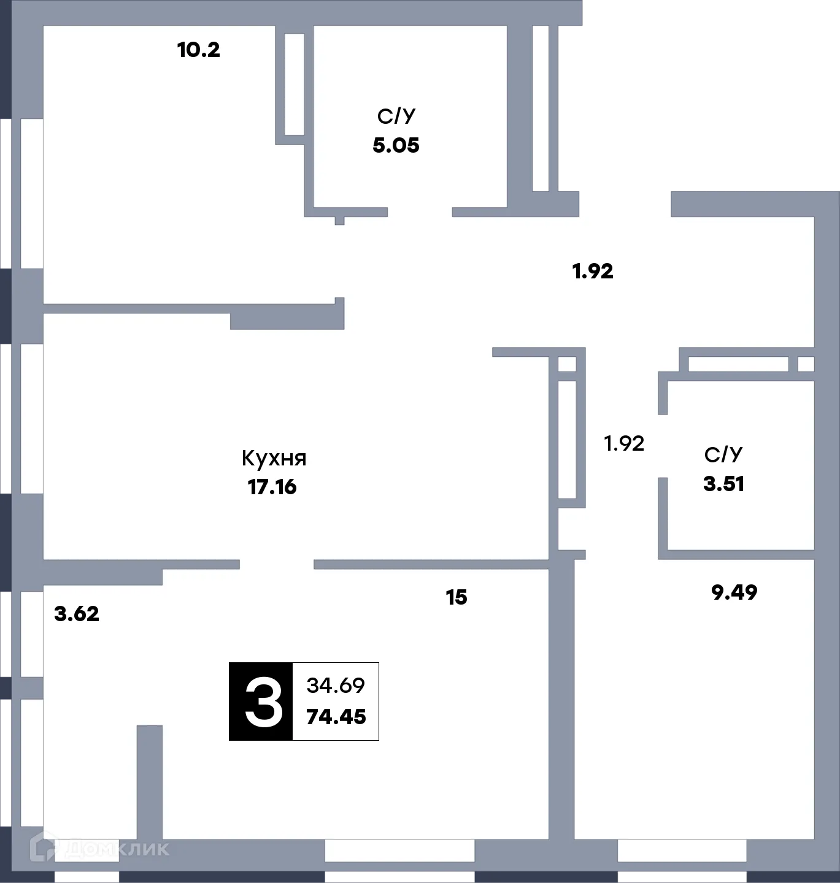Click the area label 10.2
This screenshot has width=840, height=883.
point(198,50)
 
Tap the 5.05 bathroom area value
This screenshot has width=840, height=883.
point(396,145)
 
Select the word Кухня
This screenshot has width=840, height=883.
point(274,458)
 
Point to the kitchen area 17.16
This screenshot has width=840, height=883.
point(272,487)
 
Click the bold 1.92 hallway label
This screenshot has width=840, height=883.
point(593,271)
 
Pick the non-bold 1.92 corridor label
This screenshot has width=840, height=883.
point(624,443)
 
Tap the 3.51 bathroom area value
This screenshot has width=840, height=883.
point(724,484)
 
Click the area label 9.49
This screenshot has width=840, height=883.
point(734,592)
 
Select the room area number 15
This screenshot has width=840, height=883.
point(457,597)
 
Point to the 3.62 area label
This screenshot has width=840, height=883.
point(77,614)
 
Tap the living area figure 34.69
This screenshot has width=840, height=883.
point(336,685)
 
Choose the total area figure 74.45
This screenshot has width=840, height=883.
point(336,716)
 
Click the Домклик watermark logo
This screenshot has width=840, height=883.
point(99,848)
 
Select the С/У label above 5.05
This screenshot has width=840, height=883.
point(396,116)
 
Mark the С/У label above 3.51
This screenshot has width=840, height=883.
point(723,454)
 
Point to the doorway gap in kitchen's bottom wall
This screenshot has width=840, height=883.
point(277,564)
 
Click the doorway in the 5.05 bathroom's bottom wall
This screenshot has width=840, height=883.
point(420,212)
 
